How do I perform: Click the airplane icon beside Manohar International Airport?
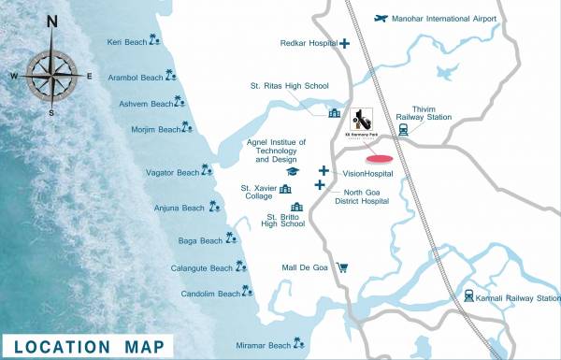click(380, 18)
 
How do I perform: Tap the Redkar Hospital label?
click(309, 43)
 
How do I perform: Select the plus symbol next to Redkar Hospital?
click(345, 43)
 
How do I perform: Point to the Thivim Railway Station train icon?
click(404, 130)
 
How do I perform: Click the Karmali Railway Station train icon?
click(468, 296)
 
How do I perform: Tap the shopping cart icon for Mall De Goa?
click(342, 267)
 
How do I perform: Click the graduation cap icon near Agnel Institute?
click(293, 172)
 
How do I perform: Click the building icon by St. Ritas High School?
click(334, 113)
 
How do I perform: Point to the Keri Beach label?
click(126, 42)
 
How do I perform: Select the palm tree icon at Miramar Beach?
click(300, 344)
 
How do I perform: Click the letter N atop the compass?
click(51, 22)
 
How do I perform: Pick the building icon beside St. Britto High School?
click(297, 207)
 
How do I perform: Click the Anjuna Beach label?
click(180, 208)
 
